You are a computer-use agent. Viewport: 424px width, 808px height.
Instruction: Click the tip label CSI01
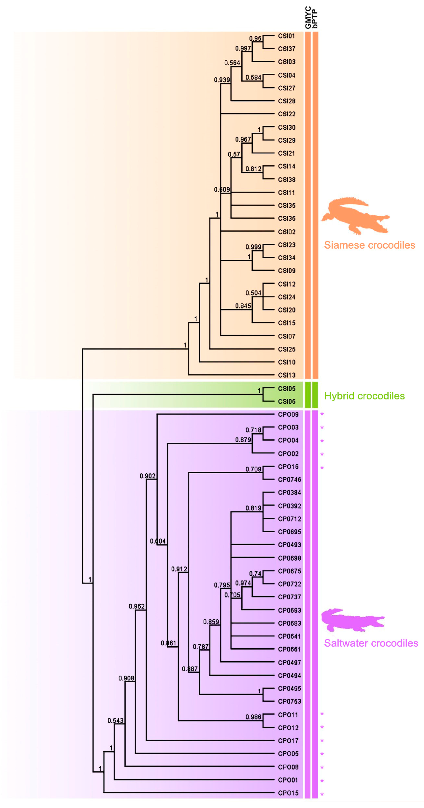(286, 36)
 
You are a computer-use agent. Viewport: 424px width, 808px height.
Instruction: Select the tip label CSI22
(286, 114)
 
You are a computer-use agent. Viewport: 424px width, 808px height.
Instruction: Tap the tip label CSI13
(286, 375)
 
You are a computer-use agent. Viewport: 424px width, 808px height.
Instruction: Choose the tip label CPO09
(288, 414)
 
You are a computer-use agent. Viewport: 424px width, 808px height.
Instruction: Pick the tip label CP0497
(289, 663)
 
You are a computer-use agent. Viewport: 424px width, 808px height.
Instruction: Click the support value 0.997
(243, 48)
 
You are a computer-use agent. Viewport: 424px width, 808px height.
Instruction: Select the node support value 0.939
(222, 80)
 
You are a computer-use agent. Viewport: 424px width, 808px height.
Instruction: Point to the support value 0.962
(136, 606)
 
